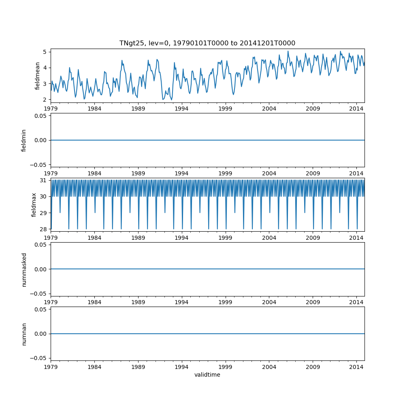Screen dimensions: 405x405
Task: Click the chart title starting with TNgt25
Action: click(x=207, y=43)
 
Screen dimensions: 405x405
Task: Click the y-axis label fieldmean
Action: click(x=38, y=76)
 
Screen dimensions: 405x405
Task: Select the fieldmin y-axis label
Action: click(x=24, y=140)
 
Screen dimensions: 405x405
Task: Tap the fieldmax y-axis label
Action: click(x=34, y=205)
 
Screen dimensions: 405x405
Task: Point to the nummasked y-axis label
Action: click(x=24, y=269)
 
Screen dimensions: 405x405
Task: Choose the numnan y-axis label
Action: click(x=24, y=334)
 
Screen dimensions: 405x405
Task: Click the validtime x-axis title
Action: click(x=207, y=375)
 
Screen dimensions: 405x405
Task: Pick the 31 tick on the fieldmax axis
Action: click(x=44, y=180)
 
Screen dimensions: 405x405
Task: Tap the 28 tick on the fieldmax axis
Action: click(x=44, y=229)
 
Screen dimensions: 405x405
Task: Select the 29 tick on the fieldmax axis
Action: click(x=44, y=213)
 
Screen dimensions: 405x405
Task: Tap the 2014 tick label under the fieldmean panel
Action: click(x=356, y=109)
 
